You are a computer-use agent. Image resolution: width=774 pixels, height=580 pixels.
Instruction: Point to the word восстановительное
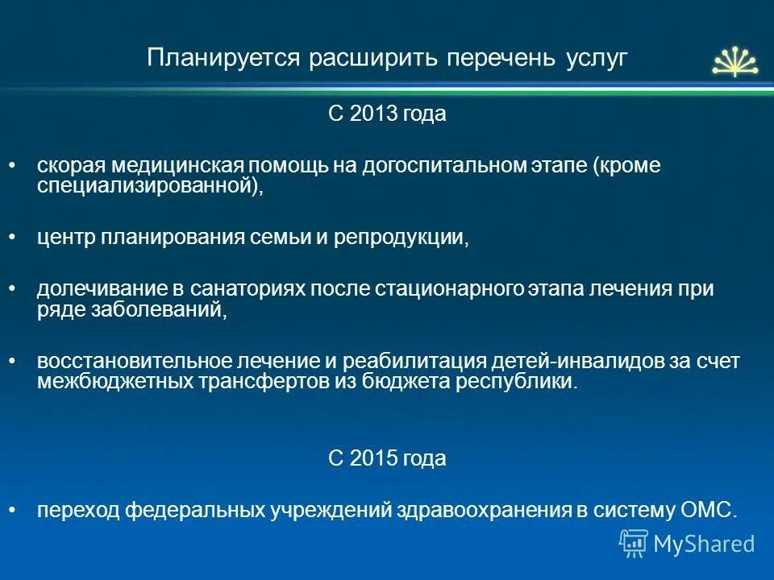tap(113, 361)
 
